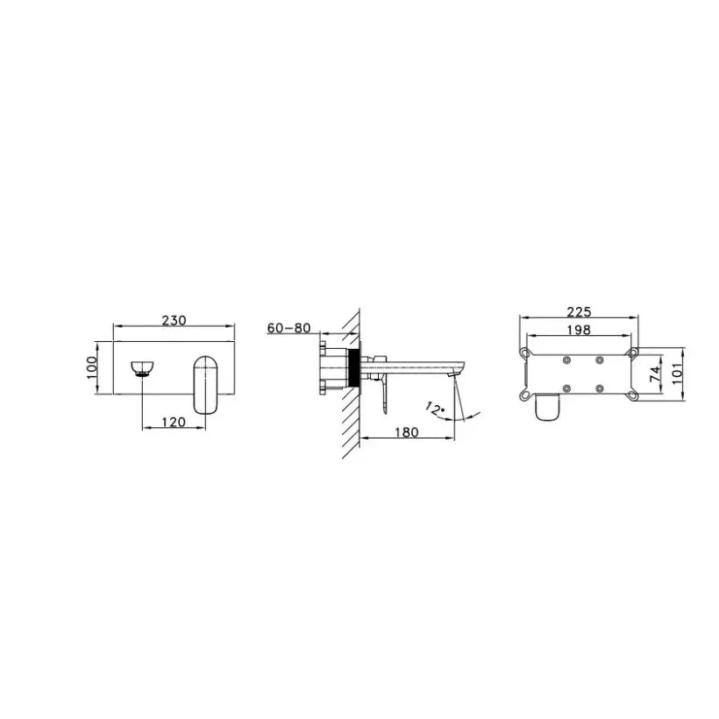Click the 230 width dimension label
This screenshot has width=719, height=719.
coord(174,321)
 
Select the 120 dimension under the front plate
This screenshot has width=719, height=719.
coord(174,422)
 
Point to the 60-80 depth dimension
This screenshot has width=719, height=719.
coord(288,328)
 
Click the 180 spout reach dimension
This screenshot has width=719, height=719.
coord(407,431)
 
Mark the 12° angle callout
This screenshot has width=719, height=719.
coord(437,407)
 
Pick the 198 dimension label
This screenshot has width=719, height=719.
coord(579,331)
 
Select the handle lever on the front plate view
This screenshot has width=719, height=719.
coord(207,383)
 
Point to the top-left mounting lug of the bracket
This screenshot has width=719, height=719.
coord(524,352)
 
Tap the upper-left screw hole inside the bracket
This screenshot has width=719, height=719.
coord(567,359)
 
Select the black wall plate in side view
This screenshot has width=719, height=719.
coord(354,367)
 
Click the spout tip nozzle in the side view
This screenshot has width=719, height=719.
coord(452,374)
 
